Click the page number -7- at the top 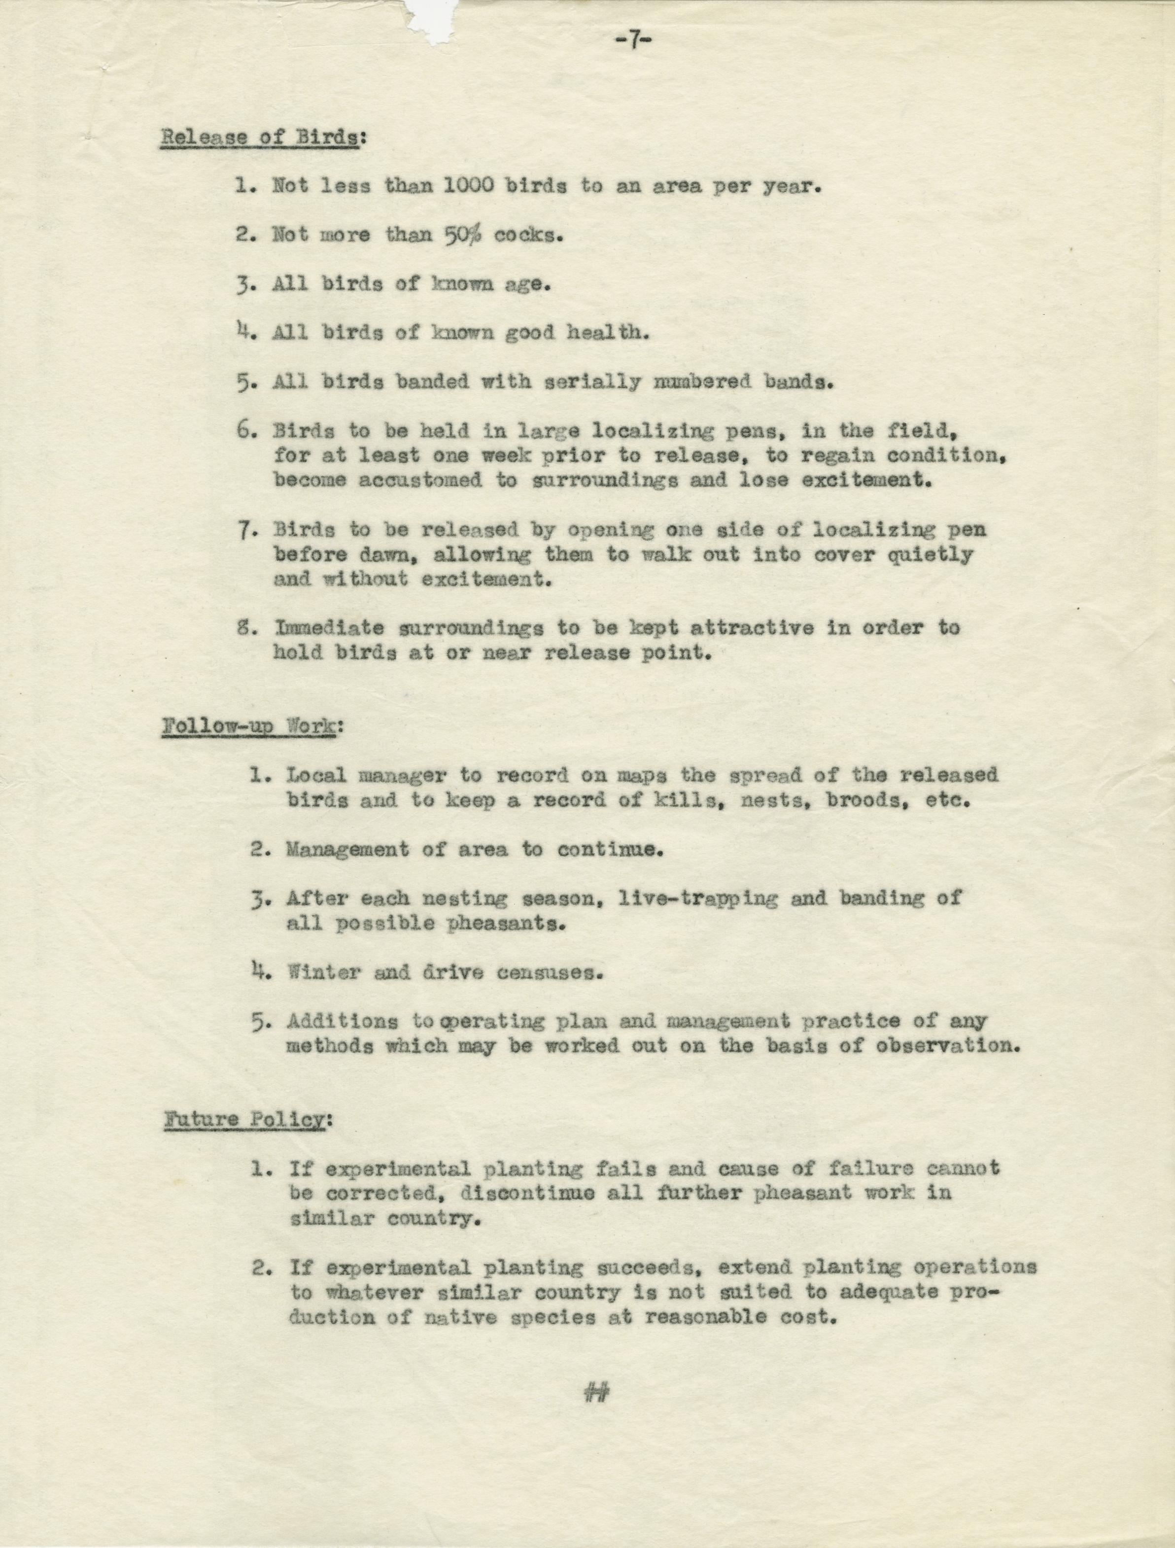pyautogui.click(x=633, y=40)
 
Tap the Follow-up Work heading pyautogui.click(x=249, y=726)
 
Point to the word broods pyautogui.click(x=865, y=800)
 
